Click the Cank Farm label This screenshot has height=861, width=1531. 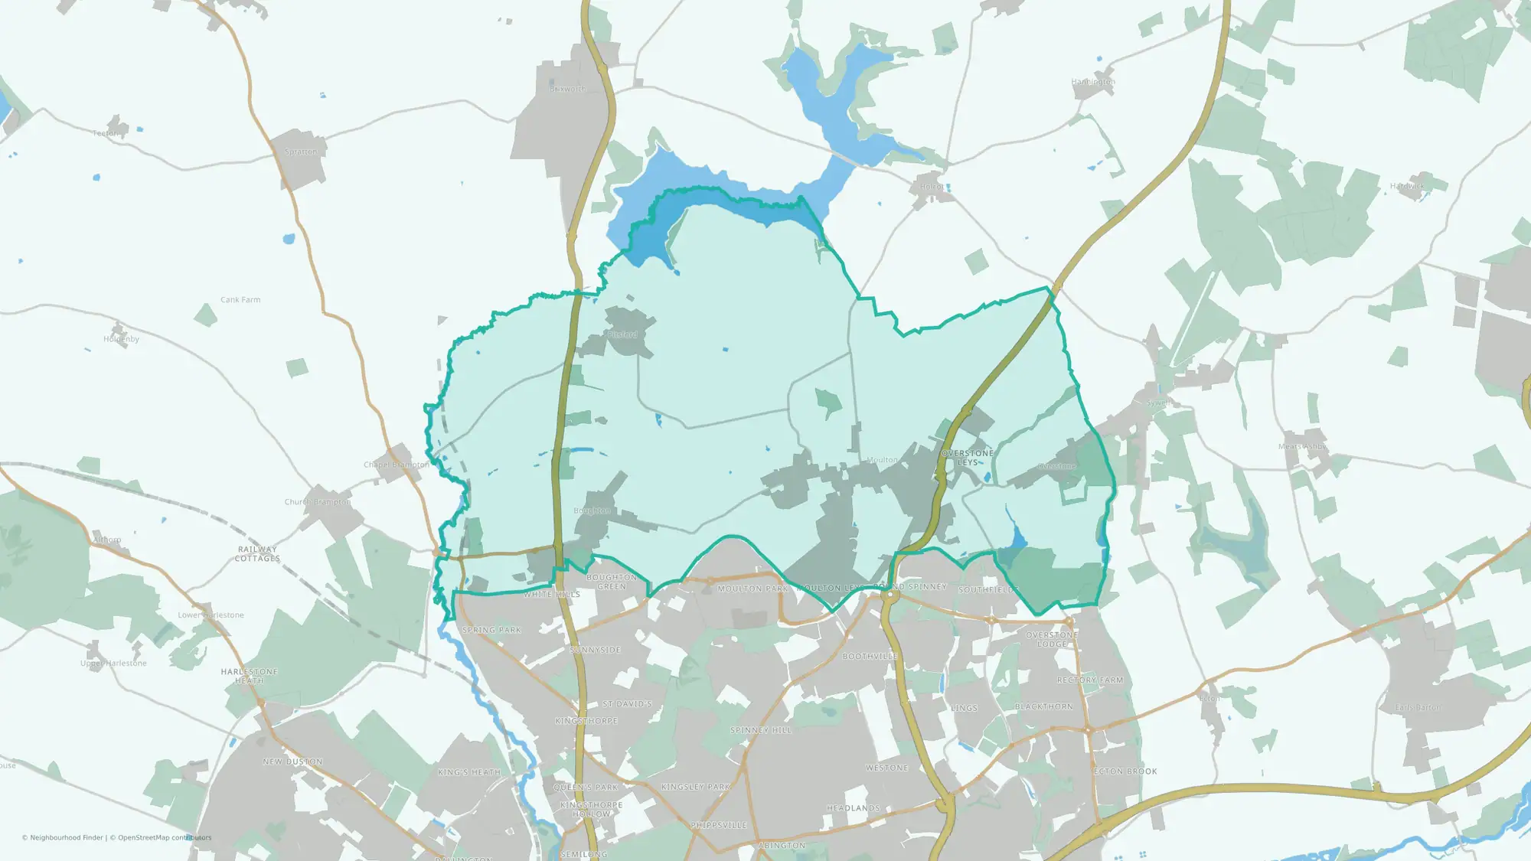click(240, 300)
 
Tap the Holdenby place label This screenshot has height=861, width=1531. click(122, 339)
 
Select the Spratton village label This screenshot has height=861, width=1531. click(300, 152)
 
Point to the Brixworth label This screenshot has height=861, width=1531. click(567, 89)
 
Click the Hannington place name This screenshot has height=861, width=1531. click(1093, 82)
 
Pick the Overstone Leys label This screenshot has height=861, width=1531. click(968, 458)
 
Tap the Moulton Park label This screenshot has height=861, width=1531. click(752, 589)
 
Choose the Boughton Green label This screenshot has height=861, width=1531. click(612, 582)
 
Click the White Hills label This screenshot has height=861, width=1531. click(552, 594)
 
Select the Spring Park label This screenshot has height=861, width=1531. click(491, 630)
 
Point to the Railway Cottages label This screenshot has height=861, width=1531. click(257, 553)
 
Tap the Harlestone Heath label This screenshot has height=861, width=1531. click(250, 676)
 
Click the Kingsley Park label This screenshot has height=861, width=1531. click(696, 787)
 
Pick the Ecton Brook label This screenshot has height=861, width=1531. click(1125, 771)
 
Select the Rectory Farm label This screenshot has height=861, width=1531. click(1090, 680)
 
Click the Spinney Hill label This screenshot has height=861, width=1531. click(761, 730)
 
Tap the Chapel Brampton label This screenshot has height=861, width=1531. click(397, 465)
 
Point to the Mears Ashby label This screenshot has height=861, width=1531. click(1301, 447)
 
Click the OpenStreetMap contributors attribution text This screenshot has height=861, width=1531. click(161, 837)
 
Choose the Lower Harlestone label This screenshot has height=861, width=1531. click(211, 615)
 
